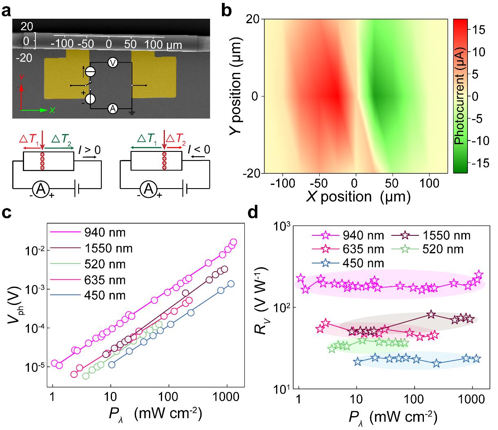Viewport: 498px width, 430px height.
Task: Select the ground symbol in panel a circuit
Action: [x=132, y=113]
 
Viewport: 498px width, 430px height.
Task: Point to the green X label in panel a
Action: [x=52, y=110]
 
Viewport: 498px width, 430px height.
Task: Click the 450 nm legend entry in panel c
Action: [x=105, y=295]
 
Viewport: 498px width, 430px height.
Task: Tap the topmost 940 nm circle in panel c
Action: [x=233, y=242]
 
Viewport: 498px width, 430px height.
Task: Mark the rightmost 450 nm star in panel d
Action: [x=476, y=359]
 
